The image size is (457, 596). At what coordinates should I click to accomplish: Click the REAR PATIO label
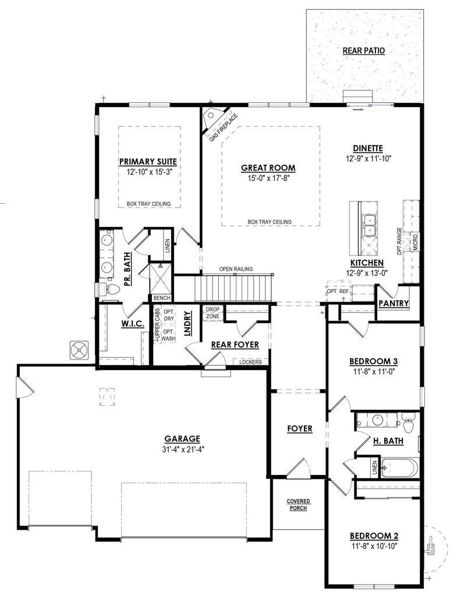point(363,51)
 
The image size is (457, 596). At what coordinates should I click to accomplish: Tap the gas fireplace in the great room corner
point(211,119)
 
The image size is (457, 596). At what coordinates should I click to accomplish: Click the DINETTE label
point(367,148)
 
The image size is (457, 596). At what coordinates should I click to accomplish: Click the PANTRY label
point(394,304)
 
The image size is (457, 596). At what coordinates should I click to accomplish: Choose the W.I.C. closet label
point(133,324)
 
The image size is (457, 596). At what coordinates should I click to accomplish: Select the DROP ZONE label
point(212,313)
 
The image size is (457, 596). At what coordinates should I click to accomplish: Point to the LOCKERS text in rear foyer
point(250,362)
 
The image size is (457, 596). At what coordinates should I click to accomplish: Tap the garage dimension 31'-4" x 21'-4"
point(182,449)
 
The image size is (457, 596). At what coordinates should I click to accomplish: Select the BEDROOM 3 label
point(373,361)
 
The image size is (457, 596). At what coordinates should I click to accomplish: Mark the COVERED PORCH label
point(298,504)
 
